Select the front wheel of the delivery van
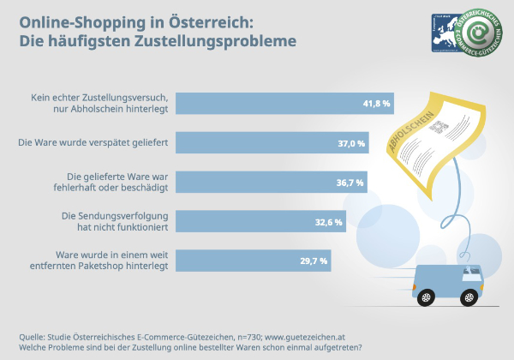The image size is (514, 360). pos(468,297)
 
